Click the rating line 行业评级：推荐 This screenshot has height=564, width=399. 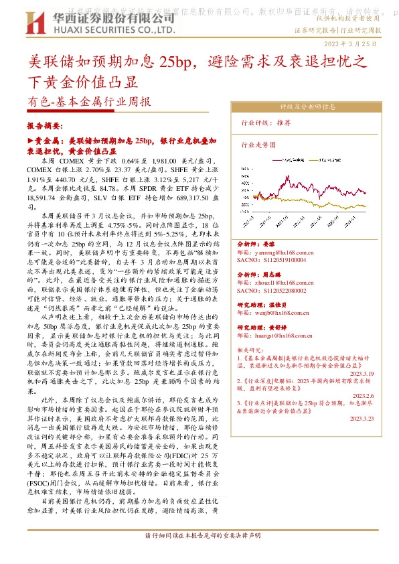(x=266, y=123)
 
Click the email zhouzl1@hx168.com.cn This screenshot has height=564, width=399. (x=276, y=284)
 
